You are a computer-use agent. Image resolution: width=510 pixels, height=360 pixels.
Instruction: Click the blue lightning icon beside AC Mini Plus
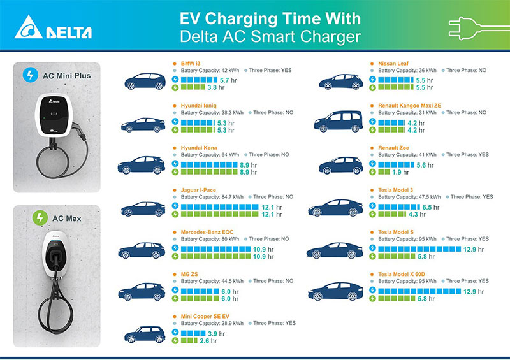coord(29,75)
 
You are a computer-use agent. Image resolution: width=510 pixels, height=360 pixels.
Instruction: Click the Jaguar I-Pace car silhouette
coord(144,208)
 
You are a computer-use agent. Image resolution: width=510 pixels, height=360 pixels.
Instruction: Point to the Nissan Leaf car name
coord(389,64)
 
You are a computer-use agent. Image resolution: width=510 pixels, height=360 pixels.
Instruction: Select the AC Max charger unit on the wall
coord(55,256)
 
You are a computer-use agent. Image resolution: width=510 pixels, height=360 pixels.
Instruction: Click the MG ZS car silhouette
coord(144,292)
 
